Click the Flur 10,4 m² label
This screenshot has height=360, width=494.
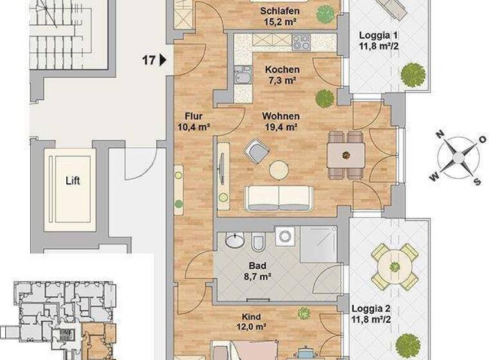194,122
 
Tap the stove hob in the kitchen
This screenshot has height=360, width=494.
301,42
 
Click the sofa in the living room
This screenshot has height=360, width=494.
278,199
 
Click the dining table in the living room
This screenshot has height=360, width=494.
345,155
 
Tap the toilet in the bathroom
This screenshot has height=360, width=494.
259,243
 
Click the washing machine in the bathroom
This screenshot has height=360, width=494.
284,236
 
